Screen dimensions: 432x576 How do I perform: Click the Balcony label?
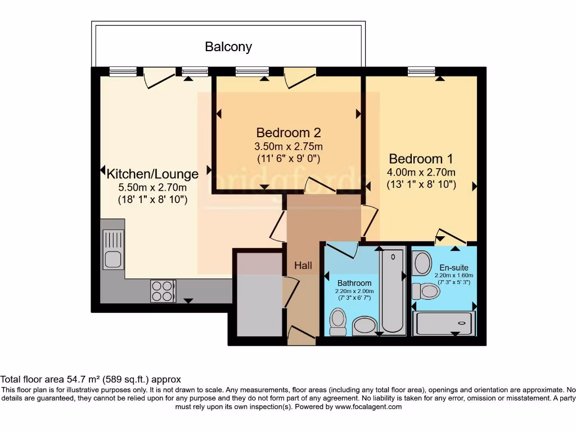point(228,47)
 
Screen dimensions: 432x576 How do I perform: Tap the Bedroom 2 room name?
point(288,133)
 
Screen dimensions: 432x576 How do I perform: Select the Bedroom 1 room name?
point(421,159)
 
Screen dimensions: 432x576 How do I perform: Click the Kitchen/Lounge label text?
point(152,174)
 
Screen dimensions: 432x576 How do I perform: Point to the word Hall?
point(303,265)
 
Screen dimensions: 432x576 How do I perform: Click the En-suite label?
point(453,267)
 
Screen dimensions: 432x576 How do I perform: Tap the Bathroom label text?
point(354,282)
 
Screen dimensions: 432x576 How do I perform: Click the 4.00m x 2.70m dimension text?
point(421,172)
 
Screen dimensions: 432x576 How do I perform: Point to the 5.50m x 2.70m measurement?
point(152,187)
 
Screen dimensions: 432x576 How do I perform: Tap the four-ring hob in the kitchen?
point(163,291)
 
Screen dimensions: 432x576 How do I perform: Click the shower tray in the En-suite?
point(444,323)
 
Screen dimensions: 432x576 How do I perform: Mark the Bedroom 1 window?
point(421,71)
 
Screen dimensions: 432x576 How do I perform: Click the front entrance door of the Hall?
point(301,336)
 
